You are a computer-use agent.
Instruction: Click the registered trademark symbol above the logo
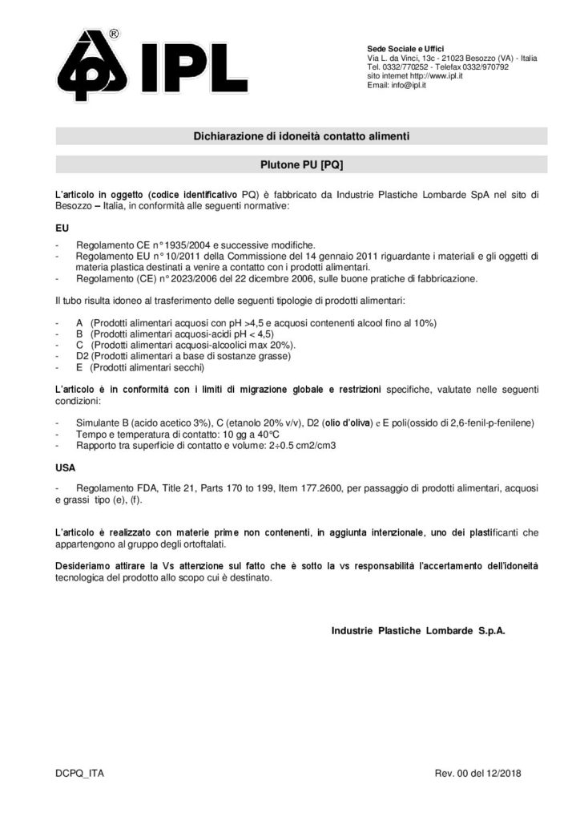click(114, 34)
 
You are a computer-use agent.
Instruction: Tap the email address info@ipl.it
click(407, 85)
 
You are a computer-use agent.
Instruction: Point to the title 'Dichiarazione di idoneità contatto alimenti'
click(301, 137)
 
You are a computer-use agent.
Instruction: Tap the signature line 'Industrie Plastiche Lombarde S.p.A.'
click(418, 631)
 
